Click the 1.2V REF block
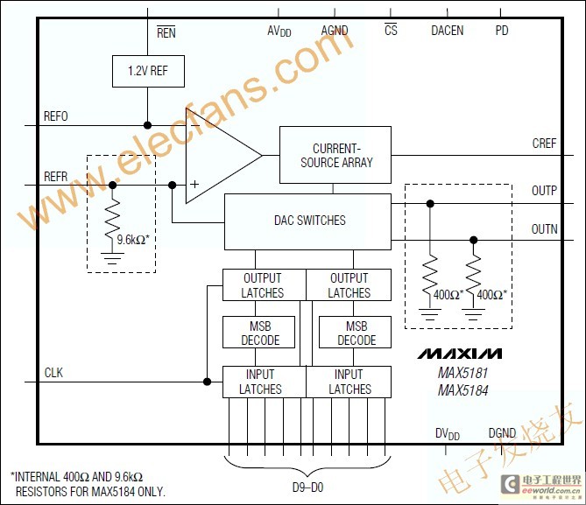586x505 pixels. coord(148,72)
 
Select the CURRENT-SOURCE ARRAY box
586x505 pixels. coord(335,155)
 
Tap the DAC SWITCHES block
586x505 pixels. coord(308,222)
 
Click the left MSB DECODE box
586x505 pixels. coord(259,333)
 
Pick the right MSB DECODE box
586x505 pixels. coord(355,333)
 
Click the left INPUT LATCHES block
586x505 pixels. coord(265,382)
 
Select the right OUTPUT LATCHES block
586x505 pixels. coord(349,285)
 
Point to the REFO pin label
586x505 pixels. coord(56,116)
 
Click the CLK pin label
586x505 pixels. coord(53,372)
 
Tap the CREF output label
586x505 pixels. coord(544,143)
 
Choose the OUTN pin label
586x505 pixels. coord(544,229)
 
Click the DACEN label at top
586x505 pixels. coord(448,31)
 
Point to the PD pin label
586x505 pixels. coord(502,31)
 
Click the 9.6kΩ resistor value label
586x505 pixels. coord(133,240)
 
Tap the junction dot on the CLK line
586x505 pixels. coord(207,382)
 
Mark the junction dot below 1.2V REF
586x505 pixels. coord(148,125)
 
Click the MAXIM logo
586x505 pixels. coord(460,354)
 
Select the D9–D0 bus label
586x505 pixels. coord(307,487)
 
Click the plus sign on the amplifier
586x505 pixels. coord(194,184)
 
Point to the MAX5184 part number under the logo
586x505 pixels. coord(463,390)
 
